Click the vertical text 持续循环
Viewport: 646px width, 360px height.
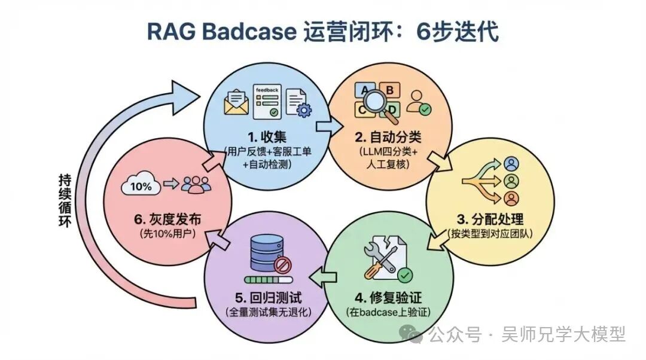click(65, 200)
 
